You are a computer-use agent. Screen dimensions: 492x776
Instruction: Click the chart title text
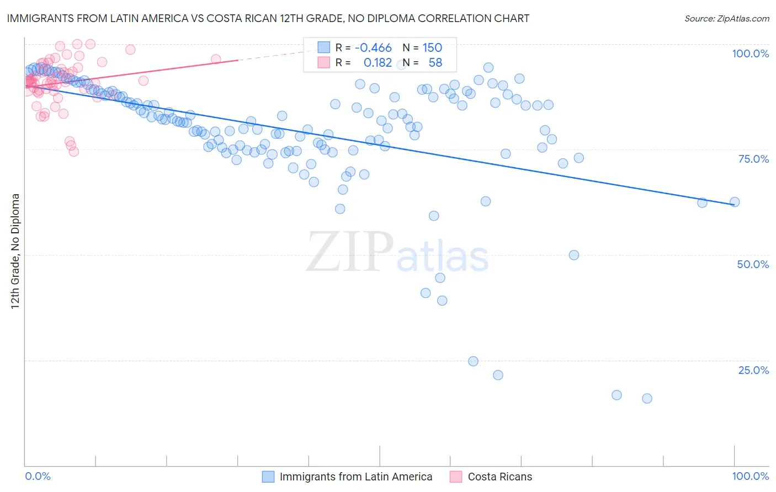pyautogui.click(x=268, y=19)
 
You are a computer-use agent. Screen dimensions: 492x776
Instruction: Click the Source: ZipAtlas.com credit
pyautogui.click(x=726, y=19)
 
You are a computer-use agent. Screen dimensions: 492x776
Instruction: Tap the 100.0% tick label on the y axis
pyautogui.click(x=750, y=54)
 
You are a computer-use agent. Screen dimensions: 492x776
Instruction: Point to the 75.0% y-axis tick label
pyautogui.click(x=753, y=159)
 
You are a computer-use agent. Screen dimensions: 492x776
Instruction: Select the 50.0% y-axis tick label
pyautogui.click(x=753, y=264)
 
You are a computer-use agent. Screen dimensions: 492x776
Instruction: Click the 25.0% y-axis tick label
pyautogui.click(x=753, y=370)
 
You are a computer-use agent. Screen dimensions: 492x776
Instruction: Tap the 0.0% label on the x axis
pyautogui.click(x=38, y=476)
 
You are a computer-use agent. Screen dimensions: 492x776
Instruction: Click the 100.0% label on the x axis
pyautogui.click(x=750, y=476)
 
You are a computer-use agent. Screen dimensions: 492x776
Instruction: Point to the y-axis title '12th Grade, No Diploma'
pyautogui.click(x=15, y=251)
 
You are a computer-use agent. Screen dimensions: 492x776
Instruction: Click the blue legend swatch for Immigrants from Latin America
pyautogui.click(x=268, y=477)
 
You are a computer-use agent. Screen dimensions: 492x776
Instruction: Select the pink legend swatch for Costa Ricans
pyautogui.click(x=456, y=477)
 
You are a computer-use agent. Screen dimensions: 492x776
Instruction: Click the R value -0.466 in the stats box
pyautogui.click(x=373, y=48)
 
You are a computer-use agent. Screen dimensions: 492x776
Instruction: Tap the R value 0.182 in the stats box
pyautogui.click(x=378, y=63)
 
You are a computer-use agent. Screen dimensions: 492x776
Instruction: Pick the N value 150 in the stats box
pyautogui.click(x=432, y=48)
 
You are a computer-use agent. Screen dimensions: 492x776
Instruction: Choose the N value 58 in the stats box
pyautogui.click(x=435, y=63)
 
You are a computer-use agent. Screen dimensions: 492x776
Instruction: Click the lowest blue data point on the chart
pyautogui.click(x=647, y=398)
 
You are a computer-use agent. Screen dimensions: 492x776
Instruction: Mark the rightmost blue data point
pyautogui.click(x=735, y=202)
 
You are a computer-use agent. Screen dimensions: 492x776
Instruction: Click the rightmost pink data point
pyautogui.click(x=216, y=59)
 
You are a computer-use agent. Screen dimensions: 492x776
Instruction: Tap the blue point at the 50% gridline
pyautogui.click(x=574, y=255)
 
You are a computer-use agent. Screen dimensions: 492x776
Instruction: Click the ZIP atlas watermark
pyautogui.click(x=397, y=252)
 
